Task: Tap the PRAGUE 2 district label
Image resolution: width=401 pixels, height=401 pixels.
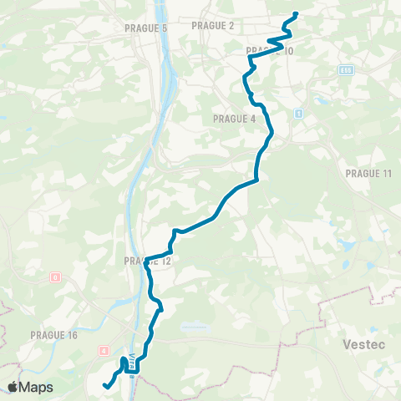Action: pos(213,26)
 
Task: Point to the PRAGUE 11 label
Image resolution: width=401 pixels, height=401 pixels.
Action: pos(368,172)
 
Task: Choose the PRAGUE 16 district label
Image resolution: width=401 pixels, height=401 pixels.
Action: pos(53,335)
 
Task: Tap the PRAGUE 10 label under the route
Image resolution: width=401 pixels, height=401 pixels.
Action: pos(270,52)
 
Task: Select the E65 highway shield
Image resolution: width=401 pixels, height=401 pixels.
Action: pos(345,71)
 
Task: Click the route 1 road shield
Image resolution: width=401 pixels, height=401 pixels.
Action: pos(297,112)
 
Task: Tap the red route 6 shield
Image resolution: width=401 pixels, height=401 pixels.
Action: pos(54,277)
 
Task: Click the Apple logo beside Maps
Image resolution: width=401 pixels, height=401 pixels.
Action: pos(14,387)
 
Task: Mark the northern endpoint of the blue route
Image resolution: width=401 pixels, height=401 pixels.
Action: pos(297,14)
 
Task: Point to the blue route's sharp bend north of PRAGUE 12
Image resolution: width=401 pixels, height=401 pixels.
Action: pos(174,231)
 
